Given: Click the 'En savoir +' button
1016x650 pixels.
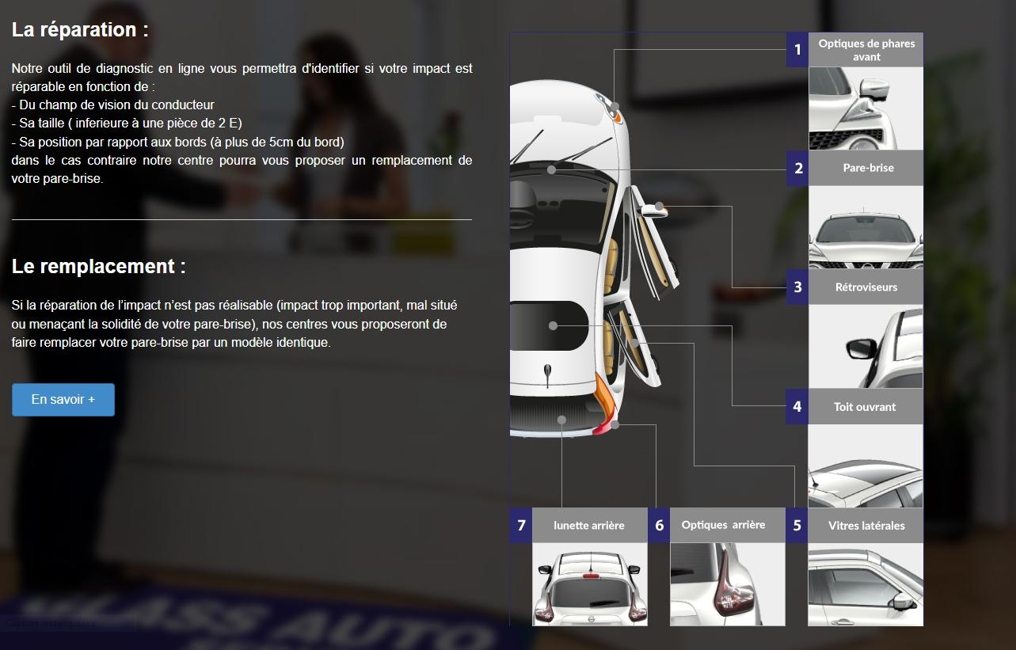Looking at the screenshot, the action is pyautogui.click(x=63, y=400).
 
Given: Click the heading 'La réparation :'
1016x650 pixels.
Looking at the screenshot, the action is pyautogui.click(x=80, y=30).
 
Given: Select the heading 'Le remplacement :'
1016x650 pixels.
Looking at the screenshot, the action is pyautogui.click(x=98, y=266).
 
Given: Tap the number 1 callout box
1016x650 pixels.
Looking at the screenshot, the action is pyautogui.click(x=797, y=49).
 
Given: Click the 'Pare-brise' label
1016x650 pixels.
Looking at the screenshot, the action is pyautogui.click(x=868, y=168).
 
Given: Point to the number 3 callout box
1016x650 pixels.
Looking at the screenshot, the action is pyautogui.click(x=797, y=287).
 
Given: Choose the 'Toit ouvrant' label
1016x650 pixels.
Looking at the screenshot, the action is pyautogui.click(x=865, y=407).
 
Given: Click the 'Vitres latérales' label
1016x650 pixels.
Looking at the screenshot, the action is pyautogui.click(x=866, y=526).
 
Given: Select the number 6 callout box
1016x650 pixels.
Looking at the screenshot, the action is pyautogui.click(x=659, y=525).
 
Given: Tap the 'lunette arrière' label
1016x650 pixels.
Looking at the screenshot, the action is pyautogui.click(x=588, y=525).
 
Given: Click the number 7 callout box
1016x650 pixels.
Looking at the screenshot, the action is pyautogui.click(x=521, y=525).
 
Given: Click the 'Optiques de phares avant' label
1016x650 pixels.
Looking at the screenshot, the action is pyautogui.click(x=866, y=50).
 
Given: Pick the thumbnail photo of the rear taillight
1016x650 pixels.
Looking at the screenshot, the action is pyautogui.click(x=728, y=584).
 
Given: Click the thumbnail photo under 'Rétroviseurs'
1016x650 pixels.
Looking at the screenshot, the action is pyautogui.click(x=866, y=346).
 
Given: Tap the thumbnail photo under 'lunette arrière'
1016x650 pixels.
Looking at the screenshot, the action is pyautogui.click(x=590, y=584).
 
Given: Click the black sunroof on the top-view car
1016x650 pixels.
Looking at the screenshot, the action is pyautogui.click(x=548, y=325).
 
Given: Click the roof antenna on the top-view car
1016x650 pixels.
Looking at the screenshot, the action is pyautogui.click(x=548, y=375).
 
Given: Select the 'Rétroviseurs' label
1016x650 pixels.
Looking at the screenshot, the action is pyautogui.click(x=866, y=287).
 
